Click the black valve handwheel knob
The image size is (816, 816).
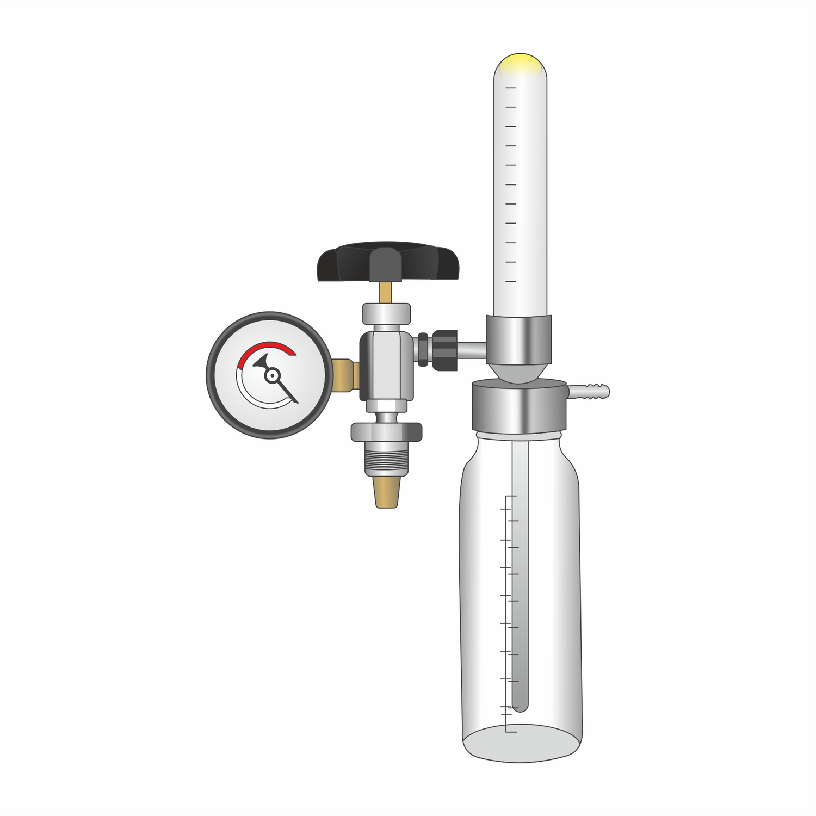(388, 262)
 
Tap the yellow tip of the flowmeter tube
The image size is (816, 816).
(520, 64)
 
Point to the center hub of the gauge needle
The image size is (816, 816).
(271, 375)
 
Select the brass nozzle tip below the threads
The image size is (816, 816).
(386, 492)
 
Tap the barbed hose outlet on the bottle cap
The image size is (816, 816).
(590, 391)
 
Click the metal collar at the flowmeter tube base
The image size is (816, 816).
(518, 340)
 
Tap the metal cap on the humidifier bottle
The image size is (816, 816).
(520, 407)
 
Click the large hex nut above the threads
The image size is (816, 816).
(386, 432)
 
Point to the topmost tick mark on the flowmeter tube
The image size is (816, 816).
(510, 87)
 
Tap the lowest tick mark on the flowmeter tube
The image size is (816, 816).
(510, 281)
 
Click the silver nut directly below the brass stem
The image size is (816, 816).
(386, 314)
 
